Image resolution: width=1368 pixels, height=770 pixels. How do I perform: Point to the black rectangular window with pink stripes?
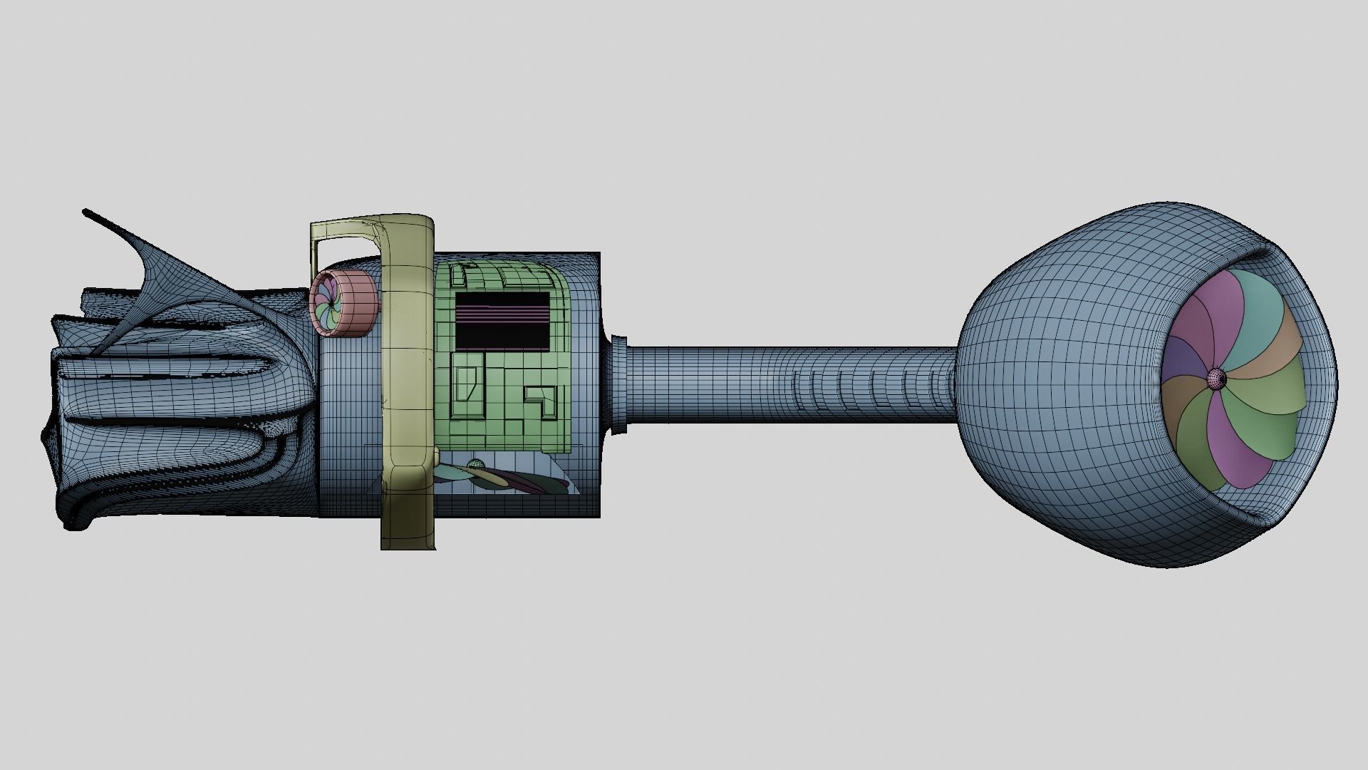[502, 320]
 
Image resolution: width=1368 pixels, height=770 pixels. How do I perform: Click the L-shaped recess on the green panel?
[541, 399]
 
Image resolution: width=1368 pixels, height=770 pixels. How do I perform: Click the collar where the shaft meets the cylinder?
[617, 384]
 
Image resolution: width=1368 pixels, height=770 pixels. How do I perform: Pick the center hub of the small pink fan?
[329, 304]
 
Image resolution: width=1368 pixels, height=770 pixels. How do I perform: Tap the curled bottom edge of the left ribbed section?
[78, 524]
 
